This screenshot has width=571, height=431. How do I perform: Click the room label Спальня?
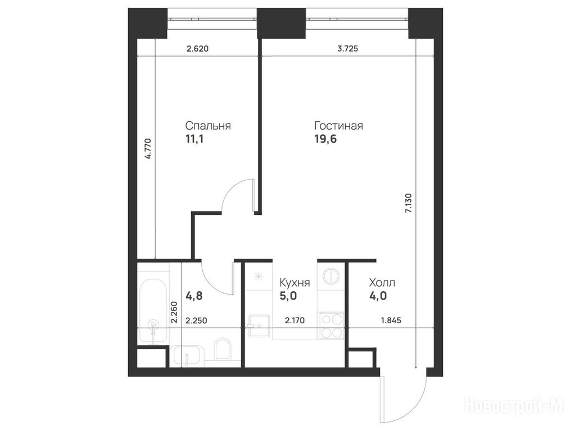coord(208,126)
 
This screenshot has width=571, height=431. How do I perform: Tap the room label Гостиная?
coord(339,126)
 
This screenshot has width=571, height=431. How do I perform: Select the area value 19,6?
coord(325,139)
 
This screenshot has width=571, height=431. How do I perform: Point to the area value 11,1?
coord(195,139)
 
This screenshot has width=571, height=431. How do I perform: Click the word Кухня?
coord(294,283)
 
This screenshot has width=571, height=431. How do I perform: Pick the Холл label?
coord(382,283)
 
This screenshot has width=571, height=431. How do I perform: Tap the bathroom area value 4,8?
coord(194,296)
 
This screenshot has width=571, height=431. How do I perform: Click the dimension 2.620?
coord(197,48)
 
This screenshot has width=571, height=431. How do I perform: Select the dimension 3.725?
coord(348,48)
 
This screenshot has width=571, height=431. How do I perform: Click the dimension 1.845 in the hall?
coord(391,320)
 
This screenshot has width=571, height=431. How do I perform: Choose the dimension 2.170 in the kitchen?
coord(294,320)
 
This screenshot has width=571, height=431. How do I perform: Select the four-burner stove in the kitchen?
coord(331,326)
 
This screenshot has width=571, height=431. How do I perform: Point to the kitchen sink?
coord(259,326)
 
